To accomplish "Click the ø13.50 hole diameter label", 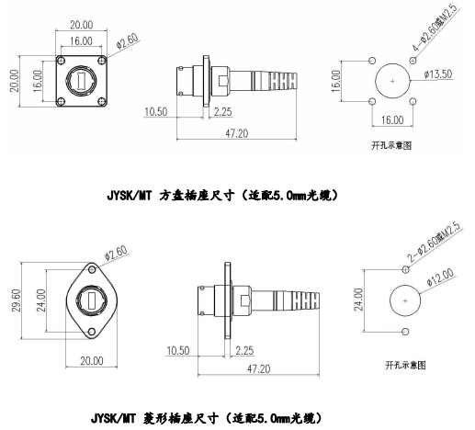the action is point(438,74).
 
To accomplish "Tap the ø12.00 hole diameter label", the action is point(440,277).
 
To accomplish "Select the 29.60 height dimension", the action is point(16,300).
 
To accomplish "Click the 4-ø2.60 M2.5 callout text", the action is point(435,28).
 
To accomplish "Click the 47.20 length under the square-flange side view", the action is point(237,133).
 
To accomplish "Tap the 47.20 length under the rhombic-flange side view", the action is point(258,368).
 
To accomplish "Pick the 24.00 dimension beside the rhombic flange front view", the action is point(41,300).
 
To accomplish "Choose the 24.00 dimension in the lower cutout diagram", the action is point(358,300).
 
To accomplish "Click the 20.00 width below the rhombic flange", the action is point(92,361).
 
